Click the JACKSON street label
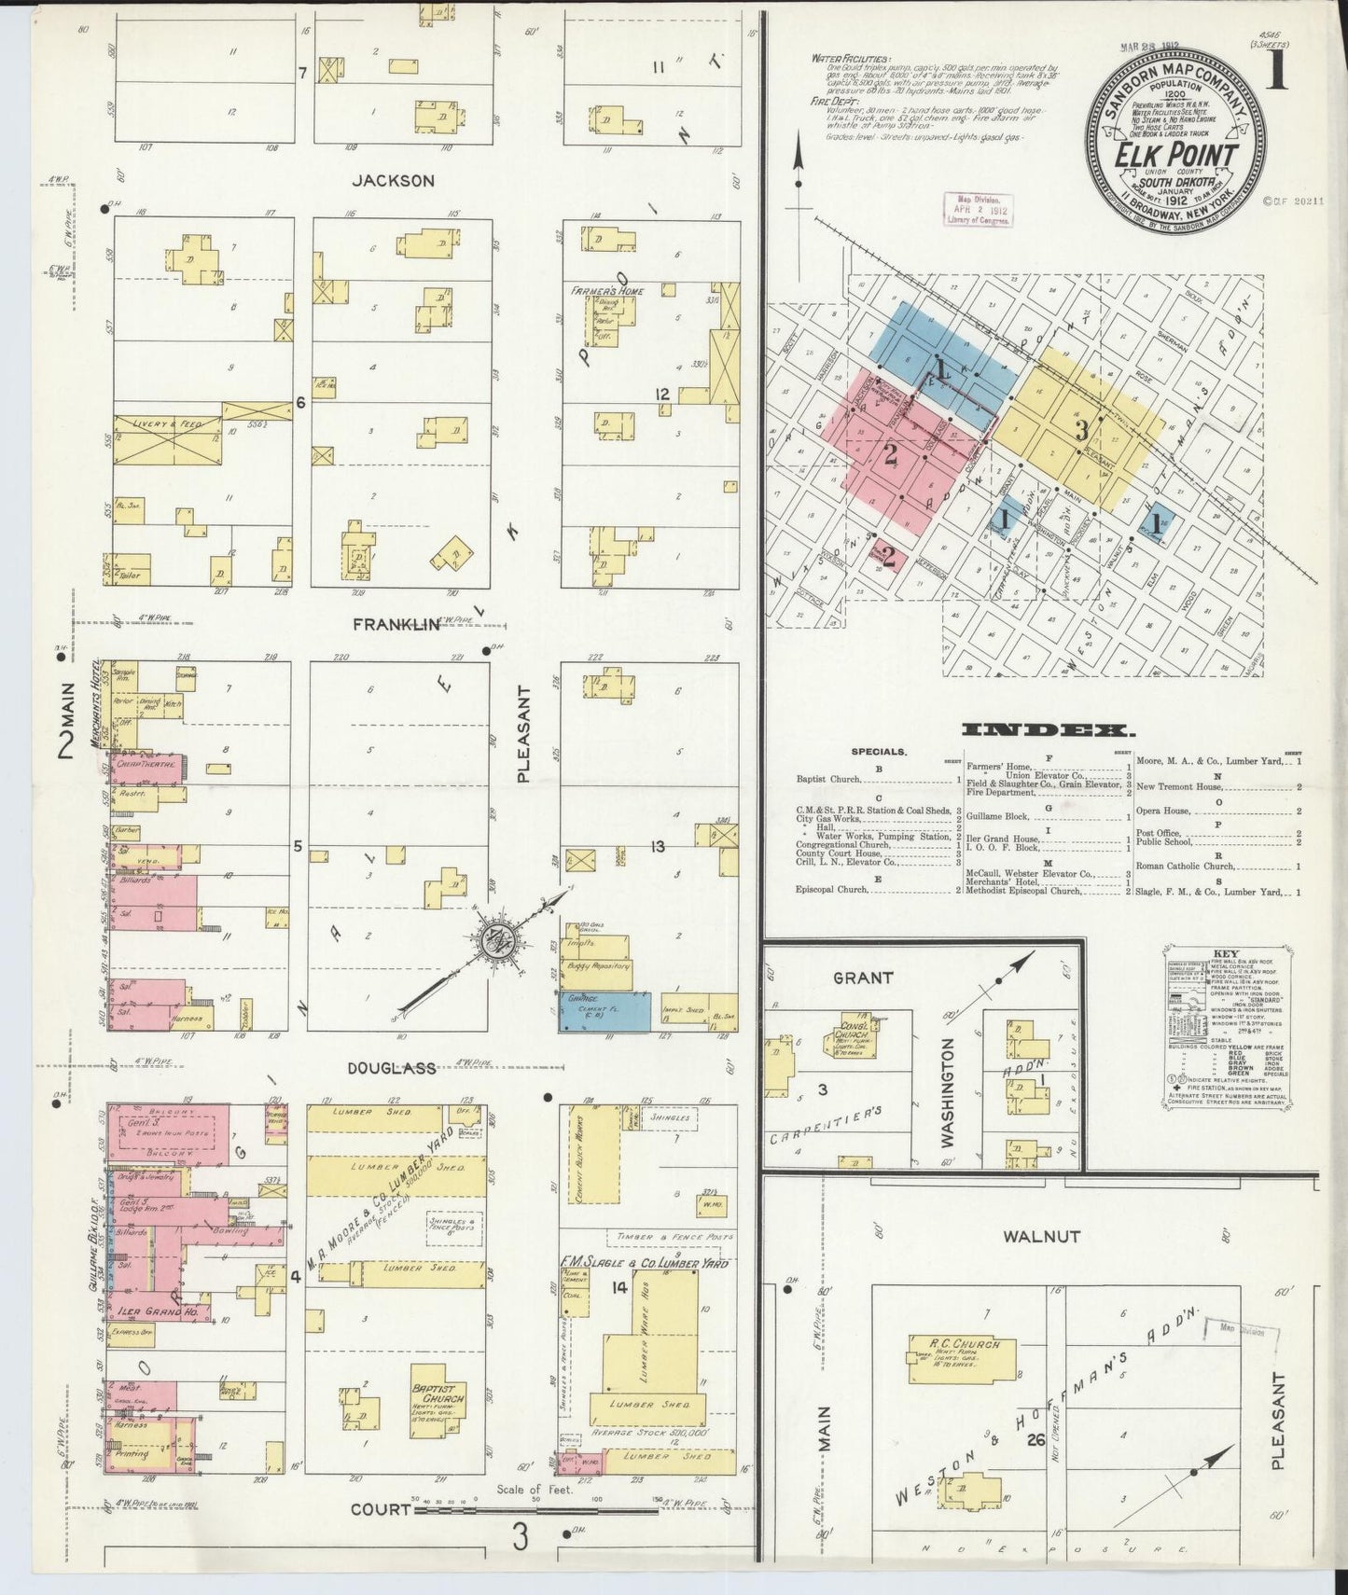[393, 180]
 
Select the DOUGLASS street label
[391, 1068]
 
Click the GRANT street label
[862, 978]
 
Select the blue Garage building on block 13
[605, 1011]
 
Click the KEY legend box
[1225, 1026]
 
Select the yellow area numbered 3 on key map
[1080, 430]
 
